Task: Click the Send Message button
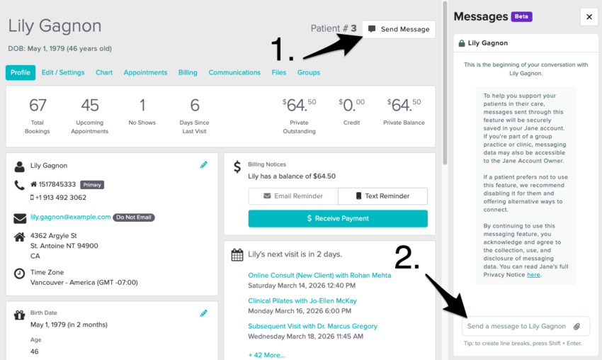(399, 29)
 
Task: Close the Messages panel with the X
(589, 17)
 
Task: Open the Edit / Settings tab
(63, 72)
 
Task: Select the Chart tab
(104, 72)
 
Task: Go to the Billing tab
(188, 72)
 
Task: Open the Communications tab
(234, 72)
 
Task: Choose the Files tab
(279, 72)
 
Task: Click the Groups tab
(308, 72)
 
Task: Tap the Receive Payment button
(338, 218)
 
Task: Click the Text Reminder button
(382, 196)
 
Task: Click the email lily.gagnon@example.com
(71, 217)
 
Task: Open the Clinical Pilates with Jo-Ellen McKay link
(302, 301)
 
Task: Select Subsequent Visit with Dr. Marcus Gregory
(312, 326)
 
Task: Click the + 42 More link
(266, 355)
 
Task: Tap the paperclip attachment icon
(577, 327)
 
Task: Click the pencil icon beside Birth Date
(203, 313)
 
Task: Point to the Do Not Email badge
(134, 218)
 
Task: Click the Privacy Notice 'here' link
(533, 275)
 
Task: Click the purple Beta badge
(521, 16)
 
